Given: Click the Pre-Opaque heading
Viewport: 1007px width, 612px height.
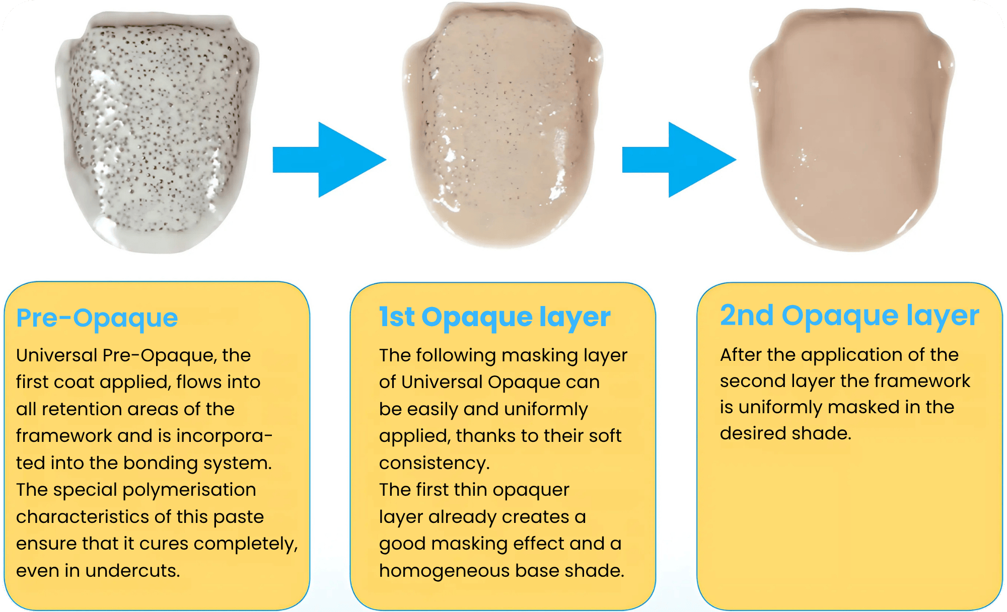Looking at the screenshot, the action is pos(97,319).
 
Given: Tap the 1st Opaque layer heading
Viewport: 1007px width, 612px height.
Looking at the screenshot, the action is pos(494,318).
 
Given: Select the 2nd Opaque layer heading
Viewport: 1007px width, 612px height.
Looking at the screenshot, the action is pos(849,316).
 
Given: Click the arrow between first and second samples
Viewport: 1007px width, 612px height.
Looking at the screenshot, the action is pos(329,160).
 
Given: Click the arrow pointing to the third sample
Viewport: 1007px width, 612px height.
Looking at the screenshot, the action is pos(679,160).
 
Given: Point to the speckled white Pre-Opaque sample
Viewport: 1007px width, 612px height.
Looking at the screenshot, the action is pos(157,132).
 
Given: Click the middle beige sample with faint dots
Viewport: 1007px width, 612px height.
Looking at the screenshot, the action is pos(502,126).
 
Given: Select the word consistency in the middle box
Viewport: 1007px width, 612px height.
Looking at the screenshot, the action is pos(434,464).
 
